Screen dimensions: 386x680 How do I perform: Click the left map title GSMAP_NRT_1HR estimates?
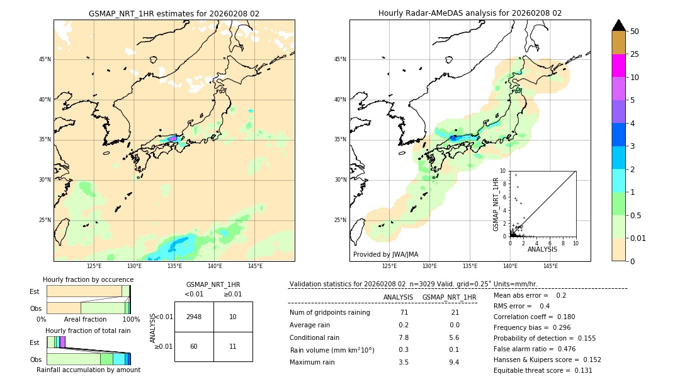point(174,13)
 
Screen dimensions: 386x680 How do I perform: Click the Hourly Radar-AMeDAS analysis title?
point(470,13)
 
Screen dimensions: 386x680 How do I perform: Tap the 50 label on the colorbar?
point(635,32)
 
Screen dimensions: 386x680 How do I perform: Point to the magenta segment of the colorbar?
point(618,66)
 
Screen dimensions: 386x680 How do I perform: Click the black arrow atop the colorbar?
point(618,25)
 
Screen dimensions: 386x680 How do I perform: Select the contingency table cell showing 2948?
point(194,317)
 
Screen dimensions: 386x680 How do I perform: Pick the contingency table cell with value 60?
point(194,346)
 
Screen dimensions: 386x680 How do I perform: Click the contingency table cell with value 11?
point(233,346)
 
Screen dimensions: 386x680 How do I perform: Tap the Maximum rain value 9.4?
point(453,362)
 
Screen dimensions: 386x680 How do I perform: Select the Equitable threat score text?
point(543,370)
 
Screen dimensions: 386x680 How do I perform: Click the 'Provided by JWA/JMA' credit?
point(385,254)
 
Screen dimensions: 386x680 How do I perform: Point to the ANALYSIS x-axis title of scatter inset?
point(542,249)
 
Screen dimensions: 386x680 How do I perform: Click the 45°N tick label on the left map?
point(45,59)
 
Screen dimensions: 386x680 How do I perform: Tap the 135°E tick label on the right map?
point(470,266)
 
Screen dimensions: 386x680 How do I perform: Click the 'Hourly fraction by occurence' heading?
point(88,279)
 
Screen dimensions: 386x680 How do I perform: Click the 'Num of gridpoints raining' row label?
point(329,312)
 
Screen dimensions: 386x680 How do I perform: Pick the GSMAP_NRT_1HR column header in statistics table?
point(449,297)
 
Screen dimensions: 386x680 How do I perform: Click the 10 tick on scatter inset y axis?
point(503,170)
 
